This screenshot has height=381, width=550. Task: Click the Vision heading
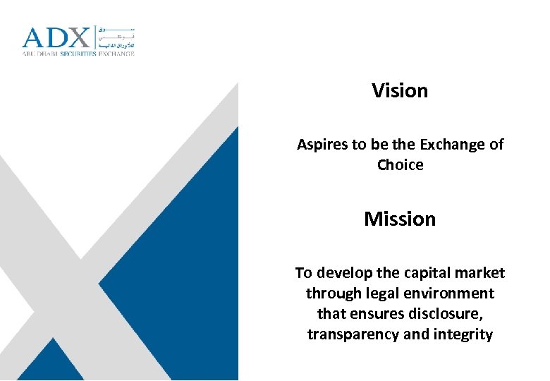pos(400,91)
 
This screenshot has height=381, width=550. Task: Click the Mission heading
pos(400,219)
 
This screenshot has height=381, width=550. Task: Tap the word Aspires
pos(322,145)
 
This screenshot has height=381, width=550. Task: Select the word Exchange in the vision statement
pos(452,145)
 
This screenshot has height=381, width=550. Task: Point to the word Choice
pos(400,165)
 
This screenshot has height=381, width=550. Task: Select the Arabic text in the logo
pos(115,39)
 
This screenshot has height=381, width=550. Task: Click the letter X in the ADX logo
pos(78,38)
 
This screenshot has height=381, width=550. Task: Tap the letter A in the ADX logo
pos(32,38)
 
